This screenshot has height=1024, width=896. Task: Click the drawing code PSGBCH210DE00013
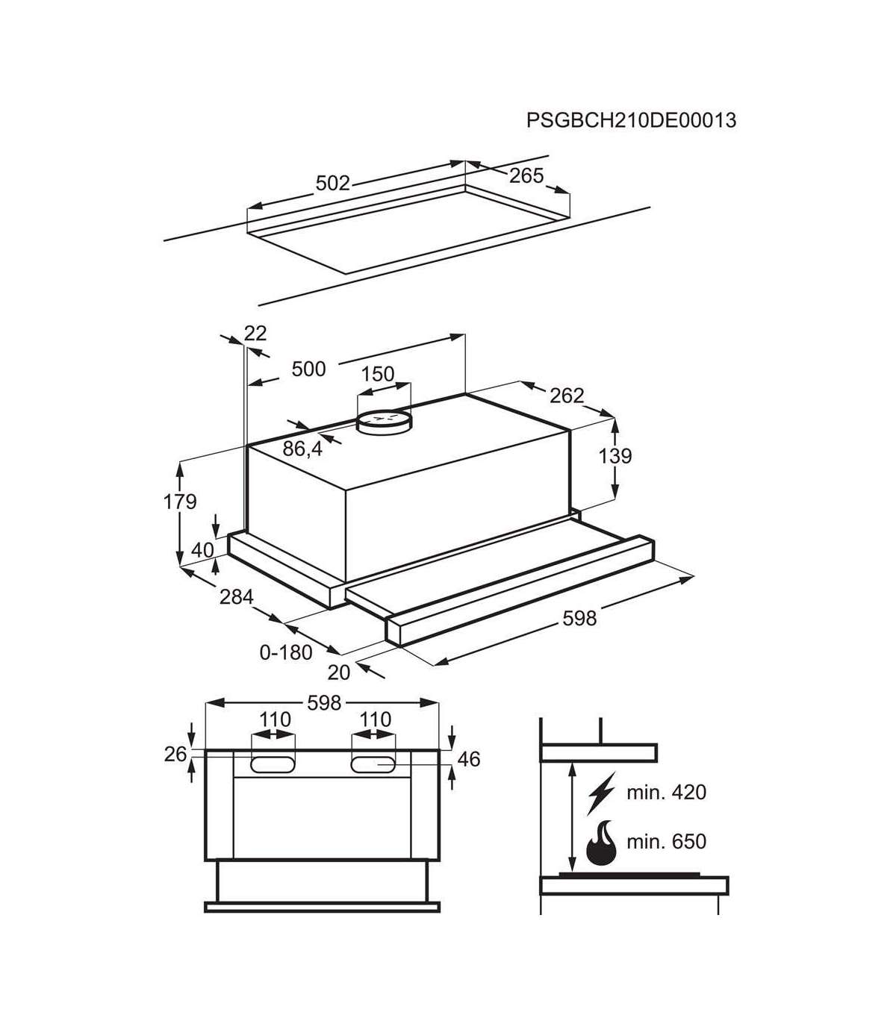coord(631,121)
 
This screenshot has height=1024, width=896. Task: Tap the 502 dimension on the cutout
coord(332,183)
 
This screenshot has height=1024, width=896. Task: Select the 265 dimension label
coord(526,175)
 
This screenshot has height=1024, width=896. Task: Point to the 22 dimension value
coord(255,334)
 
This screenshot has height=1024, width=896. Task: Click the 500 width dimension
coord(309,369)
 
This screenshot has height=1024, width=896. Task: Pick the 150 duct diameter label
coord(378,374)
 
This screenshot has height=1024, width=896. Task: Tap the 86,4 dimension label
coord(302,449)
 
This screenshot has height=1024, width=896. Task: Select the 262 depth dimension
coord(567,396)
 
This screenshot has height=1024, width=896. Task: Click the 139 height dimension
coord(616,456)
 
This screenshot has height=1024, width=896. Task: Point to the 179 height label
coord(180,502)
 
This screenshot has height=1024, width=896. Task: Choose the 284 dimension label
coord(237,596)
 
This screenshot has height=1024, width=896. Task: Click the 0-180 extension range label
coord(286,652)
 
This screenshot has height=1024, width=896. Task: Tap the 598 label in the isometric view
coord(579,619)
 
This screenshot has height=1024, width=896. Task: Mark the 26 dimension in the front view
coord(175,755)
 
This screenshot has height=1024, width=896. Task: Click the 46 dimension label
coord(469,759)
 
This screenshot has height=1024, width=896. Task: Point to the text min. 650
coord(666,841)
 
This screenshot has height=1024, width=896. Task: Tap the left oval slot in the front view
coord(273,765)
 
